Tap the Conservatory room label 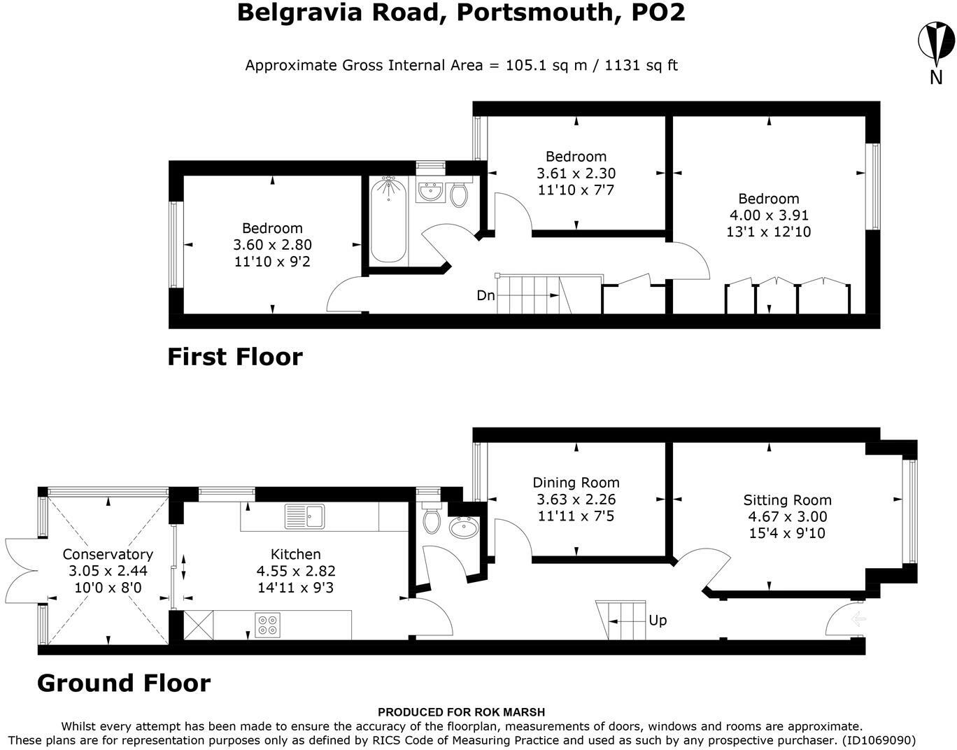pos(108,554)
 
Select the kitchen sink pos(304,516)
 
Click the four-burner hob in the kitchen pos(267,625)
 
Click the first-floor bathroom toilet pos(459,194)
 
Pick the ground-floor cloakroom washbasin pos(463,526)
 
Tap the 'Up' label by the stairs pos(658,621)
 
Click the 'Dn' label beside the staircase pos(485,295)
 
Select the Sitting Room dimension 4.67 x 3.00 pos(788,516)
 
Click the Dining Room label pos(576,483)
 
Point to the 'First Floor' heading pos(235,357)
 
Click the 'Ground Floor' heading pos(125,683)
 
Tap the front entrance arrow pos(859,619)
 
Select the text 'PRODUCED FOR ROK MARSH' pos(461,712)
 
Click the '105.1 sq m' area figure pos(546,65)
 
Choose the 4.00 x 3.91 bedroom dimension pos(769,215)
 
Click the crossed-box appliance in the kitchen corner pos(199,625)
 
